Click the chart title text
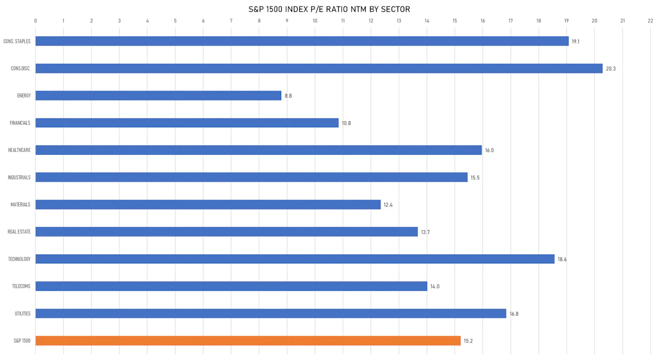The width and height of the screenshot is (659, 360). [329, 9]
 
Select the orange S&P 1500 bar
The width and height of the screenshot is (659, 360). [248, 341]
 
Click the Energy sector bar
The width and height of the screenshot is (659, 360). [158, 95]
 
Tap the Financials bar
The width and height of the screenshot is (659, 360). [187, 123]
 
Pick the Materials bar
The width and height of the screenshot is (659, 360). [208, 205]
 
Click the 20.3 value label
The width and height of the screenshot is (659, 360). [611, 69]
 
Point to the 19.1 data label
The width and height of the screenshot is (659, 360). [576, 42]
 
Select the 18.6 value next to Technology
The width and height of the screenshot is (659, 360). [562, 260]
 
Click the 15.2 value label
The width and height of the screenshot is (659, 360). [468, 341]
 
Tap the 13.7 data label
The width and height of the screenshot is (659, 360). [425, 232]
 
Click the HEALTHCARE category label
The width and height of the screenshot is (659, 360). [19, 150]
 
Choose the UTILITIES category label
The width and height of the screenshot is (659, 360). [23, 313]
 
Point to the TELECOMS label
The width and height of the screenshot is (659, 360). [21, 286]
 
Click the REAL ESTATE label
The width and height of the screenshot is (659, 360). [19, 232]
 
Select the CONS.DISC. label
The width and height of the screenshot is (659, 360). [21, 69]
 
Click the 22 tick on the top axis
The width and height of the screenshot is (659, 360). [650, 21]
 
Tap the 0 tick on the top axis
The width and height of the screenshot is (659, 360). [36, 21]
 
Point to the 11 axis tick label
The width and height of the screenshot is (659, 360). [343, 21]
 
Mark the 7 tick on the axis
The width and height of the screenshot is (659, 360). [231, 21]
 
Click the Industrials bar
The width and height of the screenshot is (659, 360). [252, 177]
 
